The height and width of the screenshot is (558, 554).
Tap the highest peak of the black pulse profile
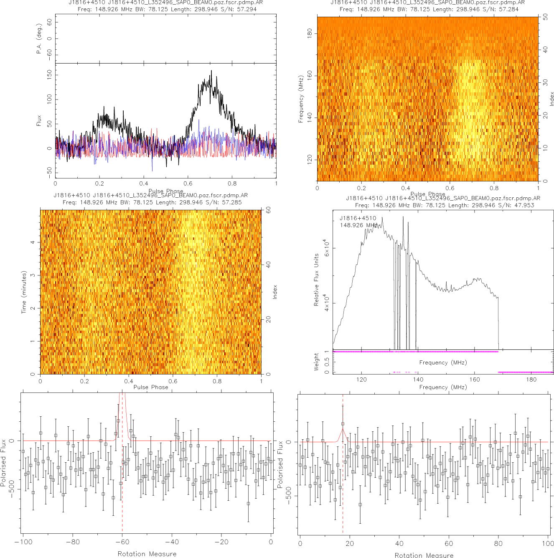coord(211,71)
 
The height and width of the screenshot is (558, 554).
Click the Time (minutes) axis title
coord(24,292)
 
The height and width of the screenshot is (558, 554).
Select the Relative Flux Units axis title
coord(316,280)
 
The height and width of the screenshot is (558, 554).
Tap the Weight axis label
coord(316,362)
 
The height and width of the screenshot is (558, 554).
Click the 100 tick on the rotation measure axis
coord(548,543)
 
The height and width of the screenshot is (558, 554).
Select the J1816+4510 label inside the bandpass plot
coord(358,218)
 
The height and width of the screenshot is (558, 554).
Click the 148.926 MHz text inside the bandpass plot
coord(358,225)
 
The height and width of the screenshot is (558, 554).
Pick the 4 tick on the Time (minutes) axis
coord(33,242)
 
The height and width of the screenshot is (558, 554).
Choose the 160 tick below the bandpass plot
coord(475,380)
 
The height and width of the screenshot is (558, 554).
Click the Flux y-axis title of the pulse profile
coord(39,121)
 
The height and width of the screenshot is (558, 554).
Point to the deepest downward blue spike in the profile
coord(152,170)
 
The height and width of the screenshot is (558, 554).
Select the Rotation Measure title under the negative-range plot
coord(147,554)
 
